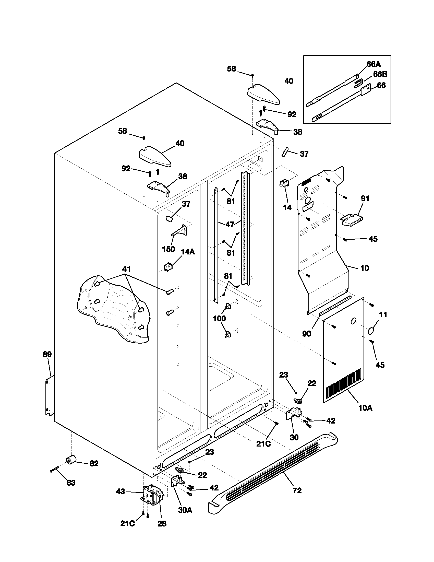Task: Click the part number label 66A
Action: point(373,64)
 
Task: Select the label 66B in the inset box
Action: point(380,74)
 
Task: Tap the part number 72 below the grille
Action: point(297,491)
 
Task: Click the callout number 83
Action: point(71,483)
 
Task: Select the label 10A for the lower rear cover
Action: point(365,408)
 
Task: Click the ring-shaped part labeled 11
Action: point(371,331)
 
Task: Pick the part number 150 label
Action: point(168,249)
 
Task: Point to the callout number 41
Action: point(126,269)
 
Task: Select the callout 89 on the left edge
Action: point(47,354)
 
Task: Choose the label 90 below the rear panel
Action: point(306,334)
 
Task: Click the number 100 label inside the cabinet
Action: point(219,319)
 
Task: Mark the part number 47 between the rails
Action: point(230,224)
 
